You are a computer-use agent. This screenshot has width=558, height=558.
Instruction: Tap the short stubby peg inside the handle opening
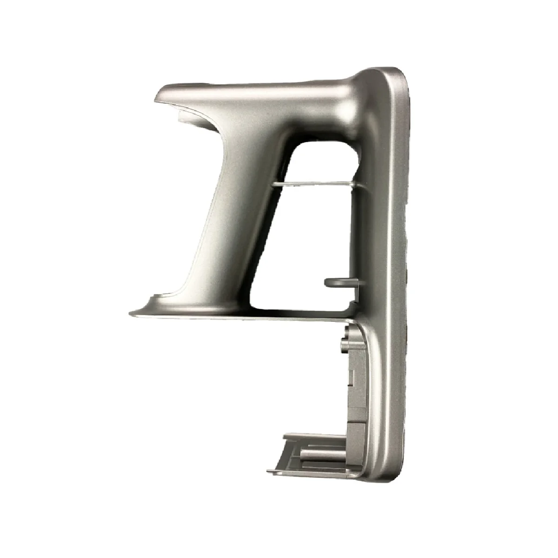pos(337,281)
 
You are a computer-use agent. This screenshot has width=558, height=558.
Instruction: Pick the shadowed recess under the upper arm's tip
pos(186,114)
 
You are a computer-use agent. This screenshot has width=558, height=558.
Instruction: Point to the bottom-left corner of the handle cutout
pos(253,305)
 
